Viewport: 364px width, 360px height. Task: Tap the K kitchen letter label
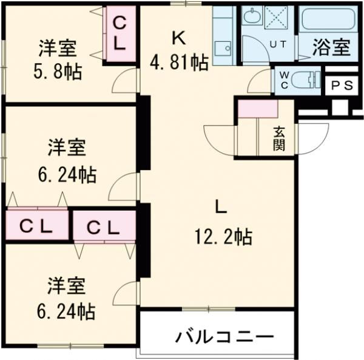click(x=178, y=38)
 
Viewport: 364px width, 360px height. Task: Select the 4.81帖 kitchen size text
click(x=180, y=61)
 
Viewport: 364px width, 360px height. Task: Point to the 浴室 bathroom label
click(x=331, y=48)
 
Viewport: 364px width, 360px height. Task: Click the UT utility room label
click(x=278, y=44)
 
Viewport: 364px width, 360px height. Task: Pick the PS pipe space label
click(x=342, y=86)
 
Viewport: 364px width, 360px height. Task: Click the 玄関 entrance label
click(x=278, y=138)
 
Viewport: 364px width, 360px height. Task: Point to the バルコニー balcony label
click(x=225, y=336)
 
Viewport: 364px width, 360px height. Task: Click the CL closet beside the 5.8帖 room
click(x=120, y=33)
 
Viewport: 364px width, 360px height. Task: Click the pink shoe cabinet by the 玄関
click(x=257, y=107)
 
